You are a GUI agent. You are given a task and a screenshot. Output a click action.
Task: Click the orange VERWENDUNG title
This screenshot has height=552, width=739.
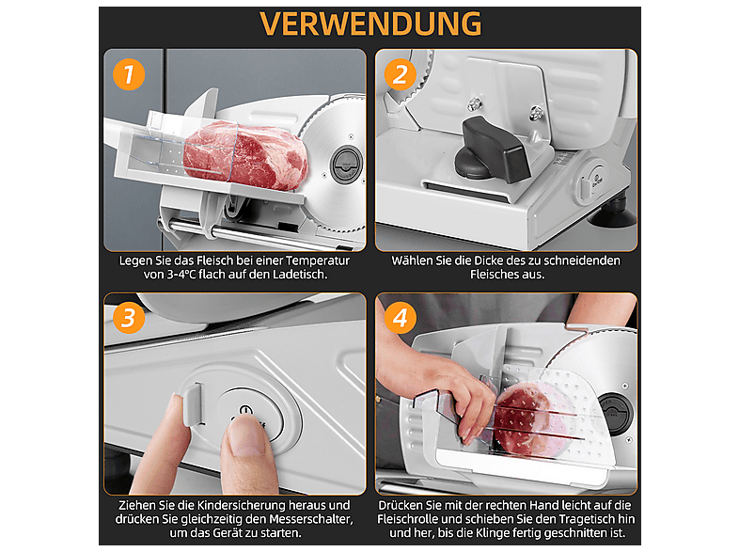370,24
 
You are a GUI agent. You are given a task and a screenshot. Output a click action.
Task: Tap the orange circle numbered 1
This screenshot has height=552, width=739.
129,74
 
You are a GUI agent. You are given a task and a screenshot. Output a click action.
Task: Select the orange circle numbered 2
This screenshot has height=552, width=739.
401,74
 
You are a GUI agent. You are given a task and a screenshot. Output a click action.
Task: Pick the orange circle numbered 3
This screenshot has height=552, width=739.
129,318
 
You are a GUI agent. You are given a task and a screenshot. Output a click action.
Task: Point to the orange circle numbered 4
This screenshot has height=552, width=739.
401,318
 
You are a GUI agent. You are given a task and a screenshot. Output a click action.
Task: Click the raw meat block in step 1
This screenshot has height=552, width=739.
245,154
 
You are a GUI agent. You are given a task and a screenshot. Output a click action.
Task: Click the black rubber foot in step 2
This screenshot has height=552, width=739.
612,215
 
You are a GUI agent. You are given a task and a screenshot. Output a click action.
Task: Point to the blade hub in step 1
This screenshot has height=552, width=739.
346,165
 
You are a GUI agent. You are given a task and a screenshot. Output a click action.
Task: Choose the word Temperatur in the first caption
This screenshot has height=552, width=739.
318,260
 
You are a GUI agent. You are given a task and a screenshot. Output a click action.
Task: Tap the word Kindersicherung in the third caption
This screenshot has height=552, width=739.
242,505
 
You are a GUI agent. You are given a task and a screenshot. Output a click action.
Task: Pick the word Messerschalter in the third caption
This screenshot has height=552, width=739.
311,519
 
